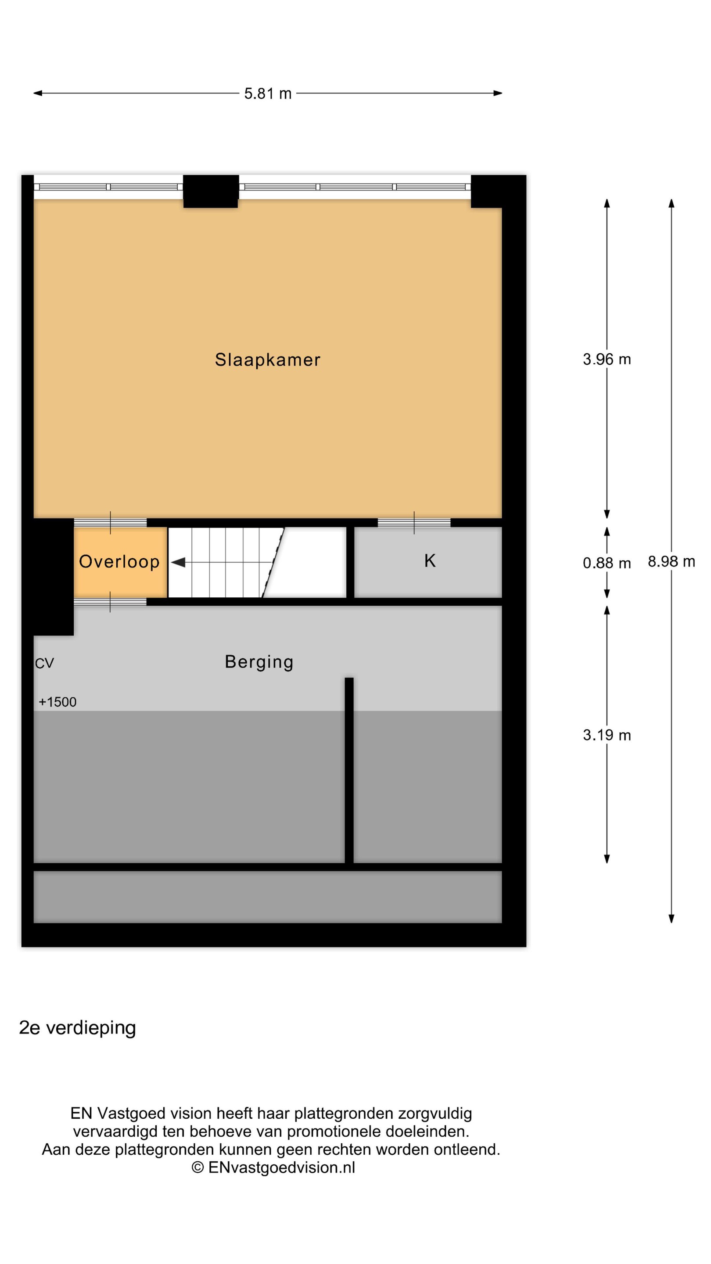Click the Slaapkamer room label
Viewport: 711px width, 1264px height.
click(267, 360)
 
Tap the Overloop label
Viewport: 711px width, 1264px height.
click(119, 561)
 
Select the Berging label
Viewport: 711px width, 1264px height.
click(259, 662)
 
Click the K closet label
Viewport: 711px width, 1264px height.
click(430, 560)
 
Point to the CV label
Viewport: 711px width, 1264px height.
click(44, 664)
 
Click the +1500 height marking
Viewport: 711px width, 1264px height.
click(57, 702)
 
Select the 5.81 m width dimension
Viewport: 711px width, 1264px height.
click(268, 93)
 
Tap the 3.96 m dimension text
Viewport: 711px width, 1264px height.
click(607, 359)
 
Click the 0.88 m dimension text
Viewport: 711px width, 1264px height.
click(607, 563)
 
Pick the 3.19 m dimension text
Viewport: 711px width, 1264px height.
click(607, 735)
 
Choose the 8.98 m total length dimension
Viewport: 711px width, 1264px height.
click(671, 561)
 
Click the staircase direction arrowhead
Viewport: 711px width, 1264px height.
click(178, 562)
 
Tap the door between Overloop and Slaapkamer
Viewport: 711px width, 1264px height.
click(111, 523)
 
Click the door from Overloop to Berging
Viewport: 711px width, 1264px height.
click(111, 602)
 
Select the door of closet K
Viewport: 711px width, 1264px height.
click(414, 523)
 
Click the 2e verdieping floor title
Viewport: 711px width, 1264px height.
click(78, 1027)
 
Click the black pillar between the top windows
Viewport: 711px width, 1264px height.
click(211, 191)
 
